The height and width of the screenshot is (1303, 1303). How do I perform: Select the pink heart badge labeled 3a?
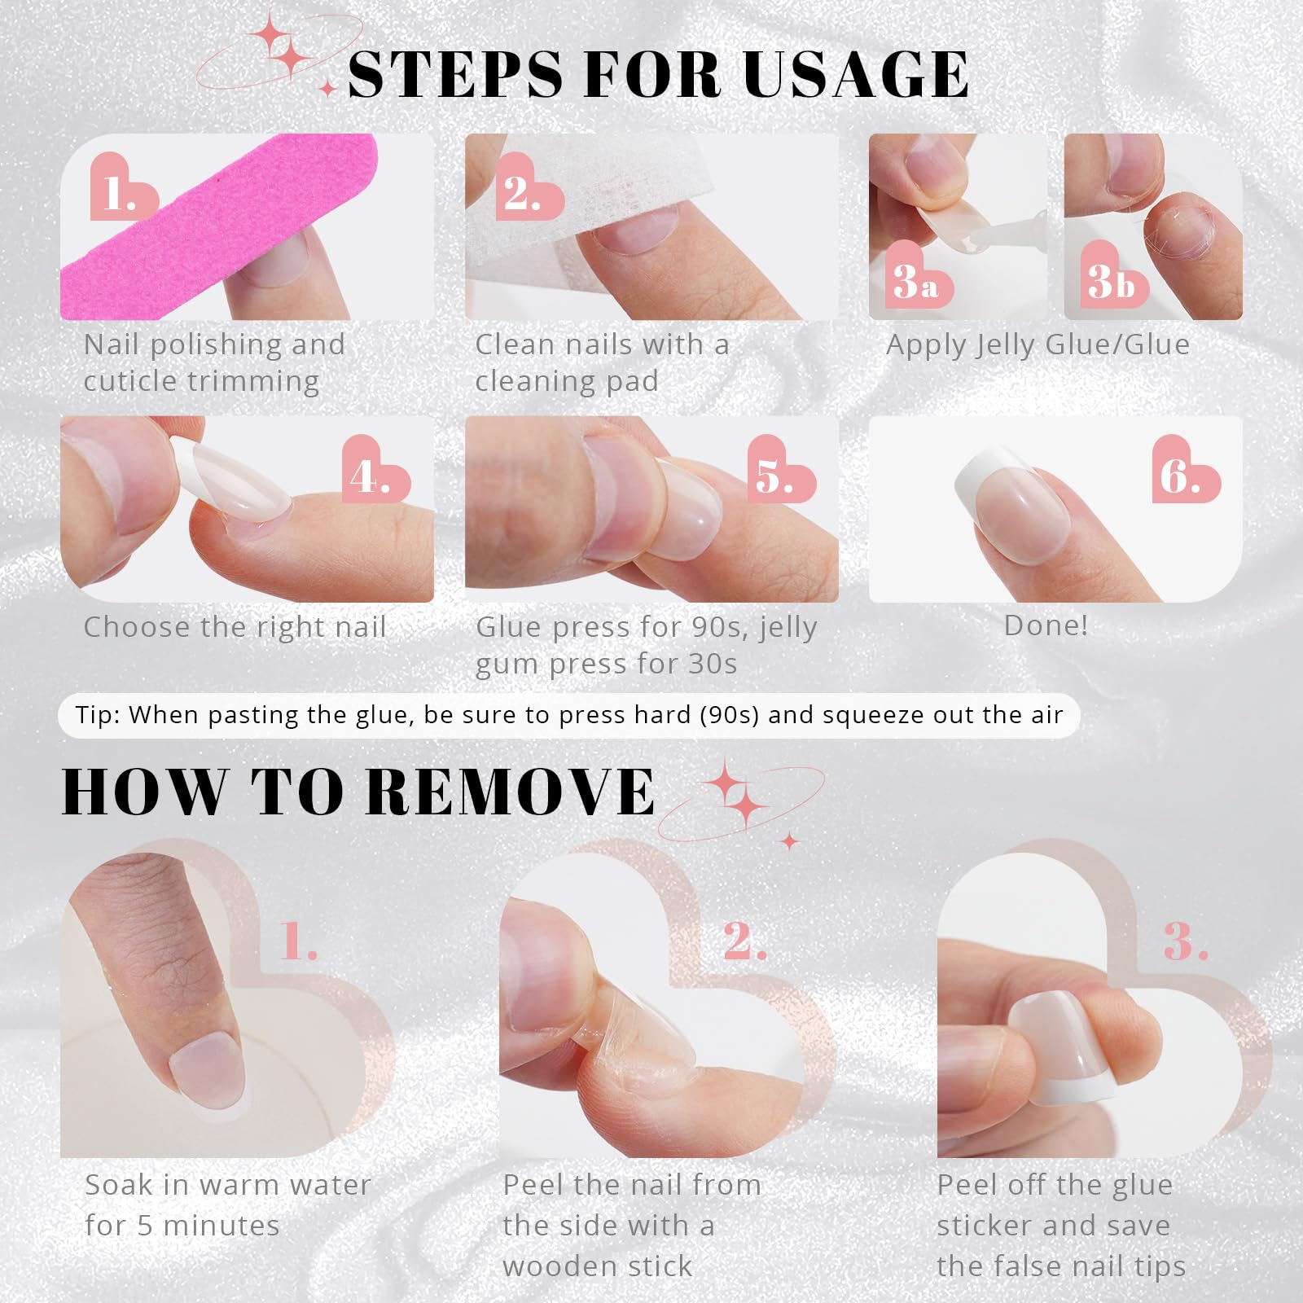click(917, 276)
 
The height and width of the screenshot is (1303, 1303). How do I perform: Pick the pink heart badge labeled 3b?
click(1113, 276)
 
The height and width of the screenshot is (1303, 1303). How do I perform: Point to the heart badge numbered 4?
click(375, 470)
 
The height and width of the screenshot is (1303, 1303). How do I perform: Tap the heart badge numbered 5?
click(781, 470)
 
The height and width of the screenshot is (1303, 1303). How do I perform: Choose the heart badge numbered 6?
click(1185, 470)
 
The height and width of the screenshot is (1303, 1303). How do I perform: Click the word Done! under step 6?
click(1046, 625)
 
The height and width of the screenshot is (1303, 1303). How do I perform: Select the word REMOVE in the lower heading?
click(511, 791)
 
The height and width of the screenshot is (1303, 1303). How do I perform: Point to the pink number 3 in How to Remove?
click(1185, 942)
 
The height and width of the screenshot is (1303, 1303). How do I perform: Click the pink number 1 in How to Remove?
click(298, 942)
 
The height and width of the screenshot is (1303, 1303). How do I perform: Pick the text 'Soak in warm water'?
click(228, 1185)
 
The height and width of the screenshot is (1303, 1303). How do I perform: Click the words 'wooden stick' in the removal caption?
click(598, 1266)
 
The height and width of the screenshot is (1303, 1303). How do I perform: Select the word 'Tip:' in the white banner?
click(97, 715)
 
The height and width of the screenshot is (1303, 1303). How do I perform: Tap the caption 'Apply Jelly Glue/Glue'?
click(1038, 345)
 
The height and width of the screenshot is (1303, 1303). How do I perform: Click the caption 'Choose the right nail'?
click(235, 627)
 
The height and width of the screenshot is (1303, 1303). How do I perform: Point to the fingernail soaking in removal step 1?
click(208, 1074)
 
